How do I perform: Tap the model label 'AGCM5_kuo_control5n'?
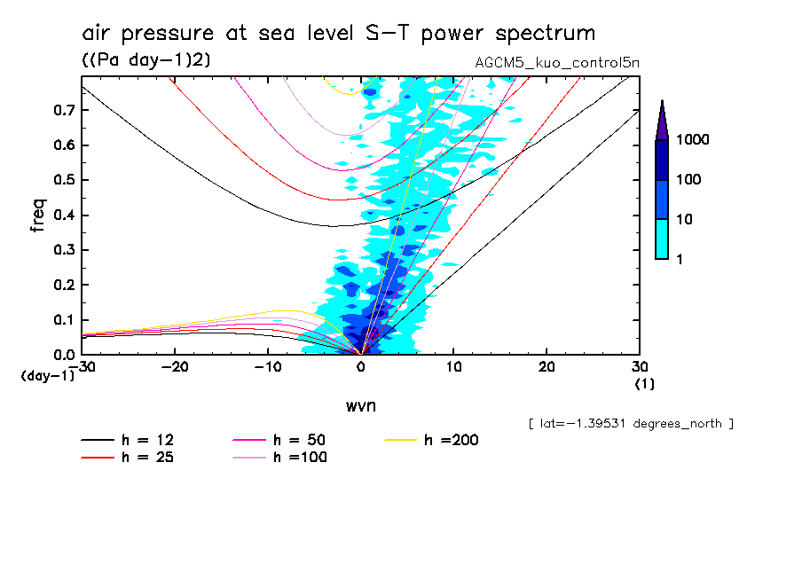point(557,63)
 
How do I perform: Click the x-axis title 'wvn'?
point(360,406)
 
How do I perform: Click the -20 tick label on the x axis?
point(175,367)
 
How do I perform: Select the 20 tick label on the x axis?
point(546,367)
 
